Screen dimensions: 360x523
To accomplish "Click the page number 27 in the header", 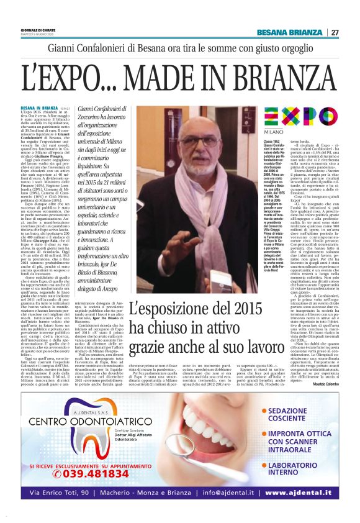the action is click(335, 32).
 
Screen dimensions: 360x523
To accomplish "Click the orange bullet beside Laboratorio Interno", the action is click(263, 464).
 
